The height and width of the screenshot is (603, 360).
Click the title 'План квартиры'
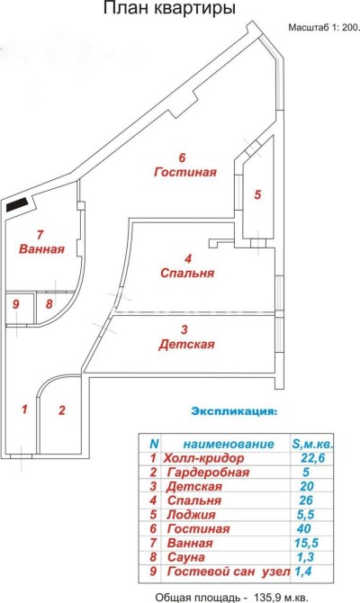(x=169, y=9)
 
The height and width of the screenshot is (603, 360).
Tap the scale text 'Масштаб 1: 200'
(x=323, y=28)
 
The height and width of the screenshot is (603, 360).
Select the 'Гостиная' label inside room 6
(x=185, y=172)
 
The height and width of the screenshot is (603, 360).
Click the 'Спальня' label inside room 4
(x=187, y=274)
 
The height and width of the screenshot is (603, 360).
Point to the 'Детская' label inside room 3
(x=186, y=344)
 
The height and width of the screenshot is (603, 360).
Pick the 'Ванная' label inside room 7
(x=41, y=248)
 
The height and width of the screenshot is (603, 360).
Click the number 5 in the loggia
(x=257, y=195)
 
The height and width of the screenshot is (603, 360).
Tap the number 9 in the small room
(x=16, y=304)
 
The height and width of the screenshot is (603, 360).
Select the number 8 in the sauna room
(x=49, y=304)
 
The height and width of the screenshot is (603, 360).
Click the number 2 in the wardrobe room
(x=62, y=410)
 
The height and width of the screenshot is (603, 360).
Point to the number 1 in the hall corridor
(x=24, y=409)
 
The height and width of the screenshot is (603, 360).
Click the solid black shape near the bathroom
(x=16, y=204)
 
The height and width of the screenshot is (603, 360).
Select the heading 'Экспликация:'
(x=234, y=411)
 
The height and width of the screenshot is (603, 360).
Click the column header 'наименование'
(x=229, y=445)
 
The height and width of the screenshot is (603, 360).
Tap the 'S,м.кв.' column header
(x=312, y=445)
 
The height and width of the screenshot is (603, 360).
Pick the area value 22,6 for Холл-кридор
(x=312, y=458)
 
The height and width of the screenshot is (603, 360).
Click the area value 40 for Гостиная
(x=304, y=528)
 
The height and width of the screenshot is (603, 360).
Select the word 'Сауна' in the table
(x=186, y=557)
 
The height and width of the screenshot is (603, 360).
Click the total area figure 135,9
(x=266, y=598)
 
